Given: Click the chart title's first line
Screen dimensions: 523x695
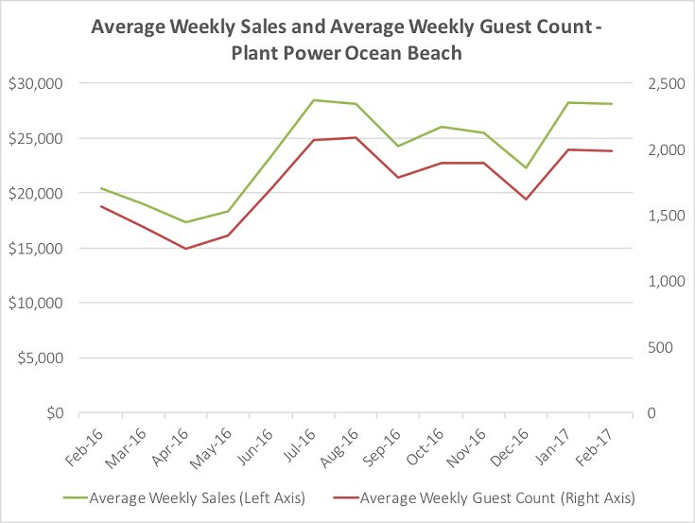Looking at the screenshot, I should point(346,27).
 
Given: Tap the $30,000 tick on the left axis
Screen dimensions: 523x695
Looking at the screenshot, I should point(35,83).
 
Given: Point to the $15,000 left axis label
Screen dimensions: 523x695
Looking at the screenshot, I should point(35,249).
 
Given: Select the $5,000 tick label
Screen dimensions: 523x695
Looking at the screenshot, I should point(39,358).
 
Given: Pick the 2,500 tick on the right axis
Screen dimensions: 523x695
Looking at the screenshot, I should point(668,83).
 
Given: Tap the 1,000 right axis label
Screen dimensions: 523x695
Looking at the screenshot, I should point(668,282).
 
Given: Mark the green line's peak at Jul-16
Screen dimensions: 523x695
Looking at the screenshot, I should point(314,100).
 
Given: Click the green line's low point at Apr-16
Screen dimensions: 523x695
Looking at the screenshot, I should point(185,222).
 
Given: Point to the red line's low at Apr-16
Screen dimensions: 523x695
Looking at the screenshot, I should point(185,249).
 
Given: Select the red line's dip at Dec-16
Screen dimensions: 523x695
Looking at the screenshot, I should point(527,200).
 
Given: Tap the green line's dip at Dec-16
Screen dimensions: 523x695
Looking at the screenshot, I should point(527,168).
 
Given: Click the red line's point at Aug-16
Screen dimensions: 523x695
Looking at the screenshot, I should point(356,138).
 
